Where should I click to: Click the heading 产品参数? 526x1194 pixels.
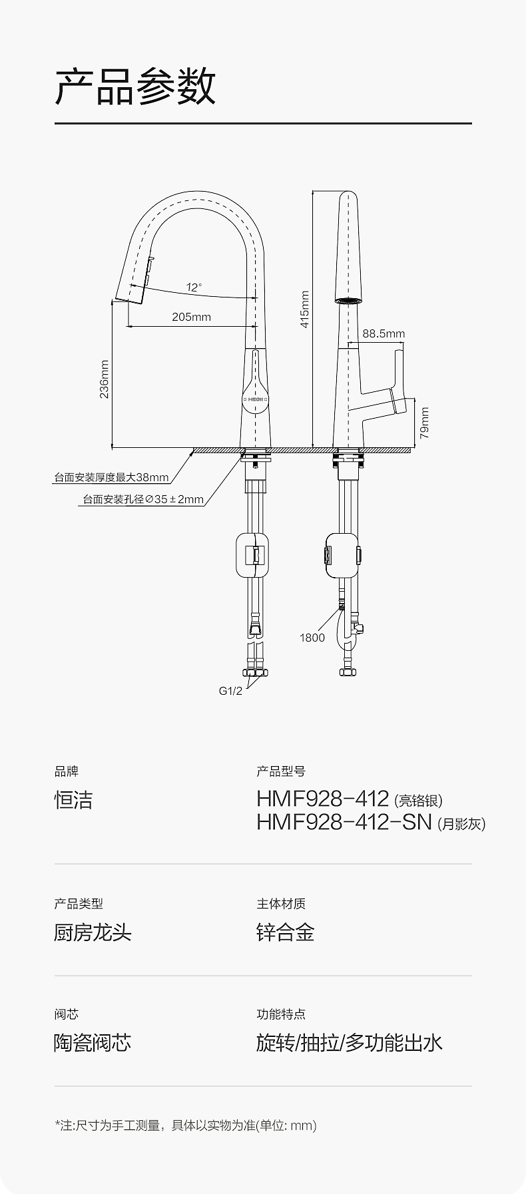coord(135,87)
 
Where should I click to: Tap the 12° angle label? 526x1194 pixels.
coord(194,288)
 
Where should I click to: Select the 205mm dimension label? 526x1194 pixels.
coord(191,317)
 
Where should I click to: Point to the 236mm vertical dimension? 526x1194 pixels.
coord(104,379)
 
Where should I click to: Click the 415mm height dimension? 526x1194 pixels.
coord(304,309)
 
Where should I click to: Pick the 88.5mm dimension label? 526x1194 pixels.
coord(384,333)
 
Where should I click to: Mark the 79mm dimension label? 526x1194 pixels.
coord(424,423)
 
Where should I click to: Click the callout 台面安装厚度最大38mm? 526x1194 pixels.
coord(111,477)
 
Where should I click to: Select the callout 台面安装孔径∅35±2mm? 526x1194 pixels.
coord(143,499)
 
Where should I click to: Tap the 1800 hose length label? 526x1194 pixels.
coord(312,638)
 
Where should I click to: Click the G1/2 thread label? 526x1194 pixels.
coord(230,691)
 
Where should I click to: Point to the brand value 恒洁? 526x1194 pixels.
coord(73,800)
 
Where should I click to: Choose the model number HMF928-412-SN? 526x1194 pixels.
coord(344,822)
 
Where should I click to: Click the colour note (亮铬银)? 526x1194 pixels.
coord(418,801)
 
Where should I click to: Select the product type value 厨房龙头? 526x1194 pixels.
coord(93,932)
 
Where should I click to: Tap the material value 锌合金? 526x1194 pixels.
coord(285,932)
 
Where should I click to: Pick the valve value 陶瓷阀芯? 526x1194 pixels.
coord(93,1042)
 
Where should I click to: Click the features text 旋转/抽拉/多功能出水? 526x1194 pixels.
coord(350,1042)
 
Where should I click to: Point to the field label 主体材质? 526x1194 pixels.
coord(281,904)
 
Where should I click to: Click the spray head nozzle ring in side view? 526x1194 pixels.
coord(348,301)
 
